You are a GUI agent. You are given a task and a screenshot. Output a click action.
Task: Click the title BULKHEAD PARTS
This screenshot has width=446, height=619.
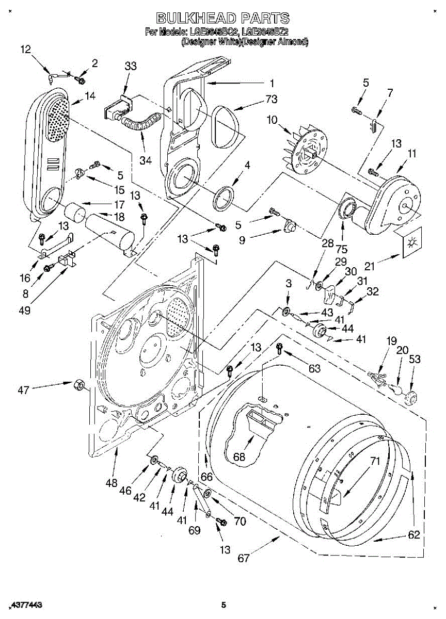[x=222, y=19]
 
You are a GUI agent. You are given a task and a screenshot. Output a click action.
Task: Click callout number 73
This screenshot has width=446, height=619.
[x=257, y=99]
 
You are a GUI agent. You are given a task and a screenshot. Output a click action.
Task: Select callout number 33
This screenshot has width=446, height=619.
[x=131, y=66]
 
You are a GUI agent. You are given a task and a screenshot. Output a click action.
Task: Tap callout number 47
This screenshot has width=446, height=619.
[x=23, y=390]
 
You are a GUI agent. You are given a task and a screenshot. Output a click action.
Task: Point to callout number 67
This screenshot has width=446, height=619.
[x=244, y=558]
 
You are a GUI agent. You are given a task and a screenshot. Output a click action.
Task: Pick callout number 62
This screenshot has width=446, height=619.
[x=414, y=535]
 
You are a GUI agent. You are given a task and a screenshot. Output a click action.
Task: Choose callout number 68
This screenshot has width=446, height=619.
[x=238, y=457]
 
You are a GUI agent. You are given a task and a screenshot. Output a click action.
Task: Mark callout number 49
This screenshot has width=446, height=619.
[x=25, y=310]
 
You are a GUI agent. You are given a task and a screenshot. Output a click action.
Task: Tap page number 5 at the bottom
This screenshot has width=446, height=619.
[x=224, y=605]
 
